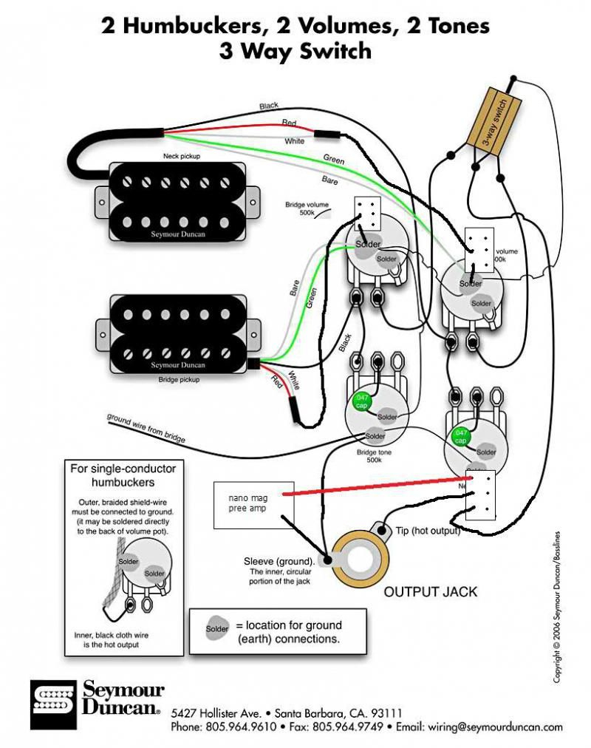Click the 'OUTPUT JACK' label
click(x=430, y=592)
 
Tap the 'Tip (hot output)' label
click(x=428, y=531)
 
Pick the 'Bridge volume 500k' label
click(x=306, y=208)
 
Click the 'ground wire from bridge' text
click(x=146, y=428)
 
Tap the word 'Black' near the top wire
click(x=269, y=106)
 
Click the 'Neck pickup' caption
click(x=181, y=157)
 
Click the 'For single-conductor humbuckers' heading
click(x=123, y=475)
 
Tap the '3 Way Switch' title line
click(x=295, y=52)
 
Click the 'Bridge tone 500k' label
click(x=374, y=455)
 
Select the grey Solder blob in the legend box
click(x=217, y=629)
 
